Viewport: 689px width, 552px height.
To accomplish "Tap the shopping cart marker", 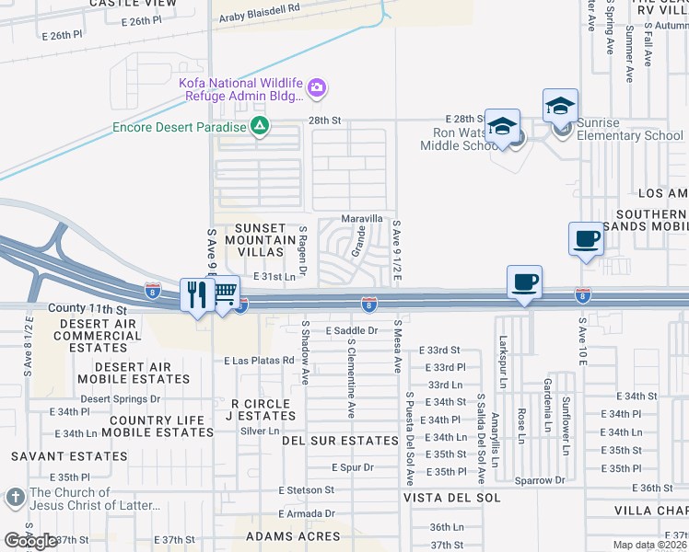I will point(224,293).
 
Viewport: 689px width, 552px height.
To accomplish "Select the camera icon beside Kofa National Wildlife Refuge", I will point(317,87).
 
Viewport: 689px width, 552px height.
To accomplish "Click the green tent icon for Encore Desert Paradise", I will point(261,127).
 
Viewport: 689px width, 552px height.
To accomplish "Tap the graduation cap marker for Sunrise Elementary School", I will point(560,105).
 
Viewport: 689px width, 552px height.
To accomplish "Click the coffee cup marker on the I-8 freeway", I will point(524,282).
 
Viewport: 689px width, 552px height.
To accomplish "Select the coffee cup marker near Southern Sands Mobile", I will point(586,239).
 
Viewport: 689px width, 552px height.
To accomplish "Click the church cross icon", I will point(14,498).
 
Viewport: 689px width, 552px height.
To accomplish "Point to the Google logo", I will point(30,540).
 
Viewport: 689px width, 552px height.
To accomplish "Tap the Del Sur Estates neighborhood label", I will point(340,441).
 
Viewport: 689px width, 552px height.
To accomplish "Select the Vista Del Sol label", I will point(451,497).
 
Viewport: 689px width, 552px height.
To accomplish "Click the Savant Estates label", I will point(61,456).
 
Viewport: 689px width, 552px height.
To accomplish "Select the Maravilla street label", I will point(362,219).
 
